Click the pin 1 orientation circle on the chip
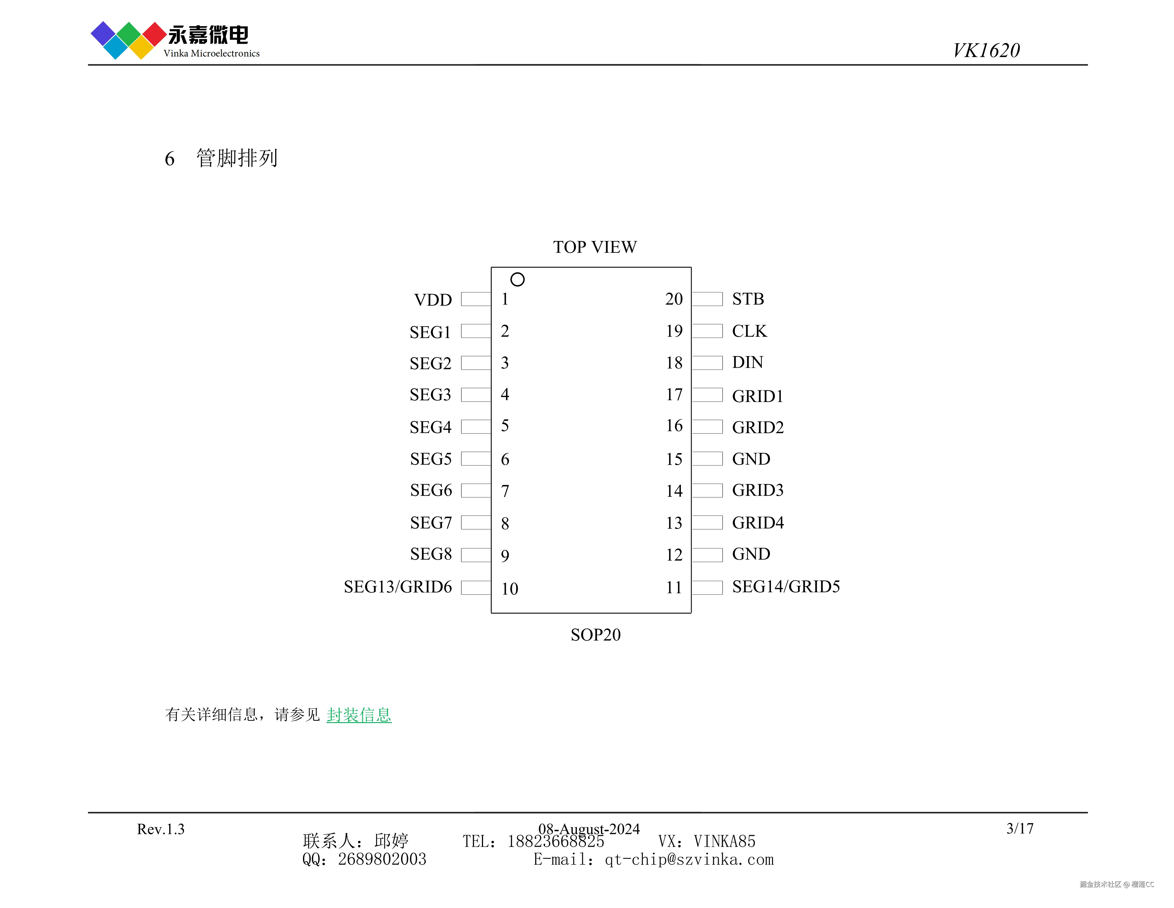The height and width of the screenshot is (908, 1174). point(517,279)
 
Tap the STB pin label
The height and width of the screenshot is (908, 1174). point(748,299)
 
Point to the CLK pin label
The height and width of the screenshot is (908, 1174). point(749,331)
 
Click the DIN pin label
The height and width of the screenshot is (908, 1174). point(747,362)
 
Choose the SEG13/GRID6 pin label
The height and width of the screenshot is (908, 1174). point(398,587)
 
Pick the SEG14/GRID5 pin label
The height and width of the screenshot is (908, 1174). point(786,587)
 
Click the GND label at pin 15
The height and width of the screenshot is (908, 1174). point(751,459)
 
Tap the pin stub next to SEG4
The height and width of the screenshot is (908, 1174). point(476,426)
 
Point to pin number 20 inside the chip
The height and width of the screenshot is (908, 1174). point(673,299)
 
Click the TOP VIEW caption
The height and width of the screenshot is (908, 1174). point(595,247)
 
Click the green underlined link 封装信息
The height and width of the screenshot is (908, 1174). point(359,715)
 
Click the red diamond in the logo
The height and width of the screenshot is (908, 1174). point(154,34)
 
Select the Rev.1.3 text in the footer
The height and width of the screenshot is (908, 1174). point(161,829)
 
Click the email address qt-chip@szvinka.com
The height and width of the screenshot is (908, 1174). point(689,860)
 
